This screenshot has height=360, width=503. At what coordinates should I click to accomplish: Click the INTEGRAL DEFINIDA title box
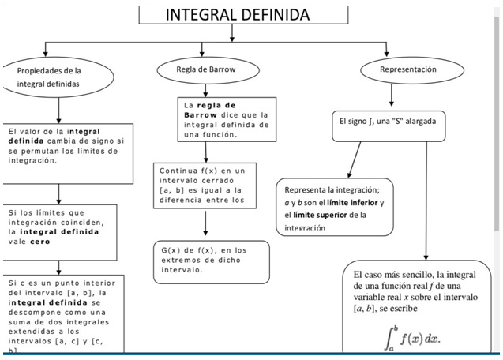pos(236,16)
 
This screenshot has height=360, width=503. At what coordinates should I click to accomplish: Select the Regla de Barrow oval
pos(206,70)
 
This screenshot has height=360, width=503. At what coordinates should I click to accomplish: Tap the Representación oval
pos(407,70)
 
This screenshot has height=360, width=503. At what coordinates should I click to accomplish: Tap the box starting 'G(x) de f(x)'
pos(211,261)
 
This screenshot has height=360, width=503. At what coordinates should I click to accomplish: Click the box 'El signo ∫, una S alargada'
pos(386,122)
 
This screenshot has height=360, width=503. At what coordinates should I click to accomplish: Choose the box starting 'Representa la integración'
pos(334,207)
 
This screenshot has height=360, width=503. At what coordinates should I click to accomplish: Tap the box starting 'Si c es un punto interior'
pos(60,314)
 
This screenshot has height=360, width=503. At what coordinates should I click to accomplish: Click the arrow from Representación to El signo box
pos(392,96)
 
